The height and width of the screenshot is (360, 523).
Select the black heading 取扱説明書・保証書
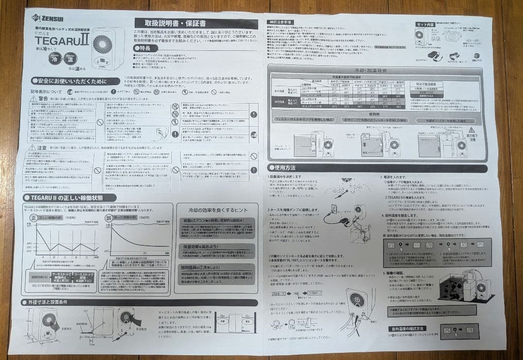(196, 23)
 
